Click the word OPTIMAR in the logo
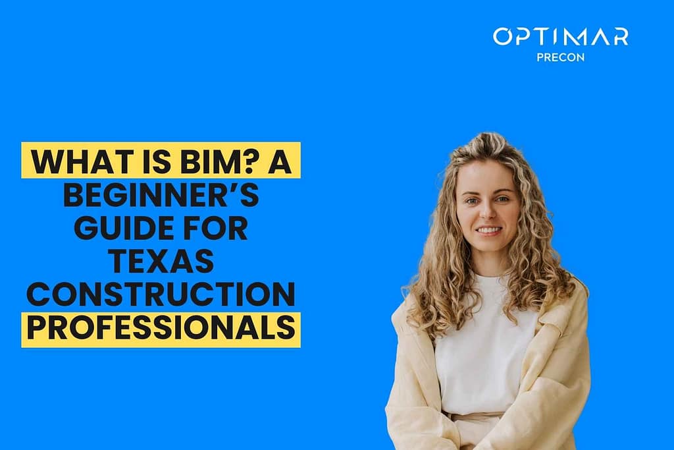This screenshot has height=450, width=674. (x=560, y=36)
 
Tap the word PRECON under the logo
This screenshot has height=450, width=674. (x=560, y=57)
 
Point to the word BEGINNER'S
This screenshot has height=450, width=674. (x=161, y=196)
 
